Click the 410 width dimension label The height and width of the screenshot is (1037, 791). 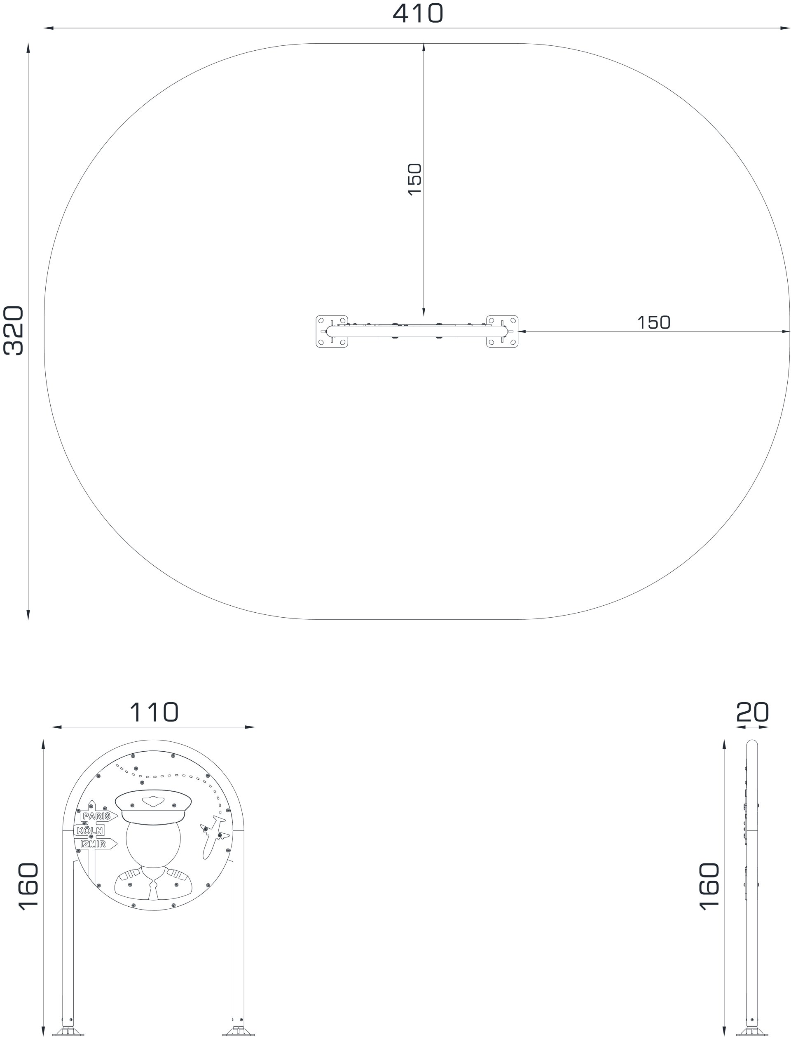click(x=418, y=13)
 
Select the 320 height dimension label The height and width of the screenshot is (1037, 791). click(x=14, y=330)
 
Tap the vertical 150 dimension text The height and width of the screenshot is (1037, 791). click(x=414, y=179)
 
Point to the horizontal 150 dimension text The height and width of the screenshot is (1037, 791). click(x=653, y=322)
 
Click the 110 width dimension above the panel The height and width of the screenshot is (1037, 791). click(x=154, y=712)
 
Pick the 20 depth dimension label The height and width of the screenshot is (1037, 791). click(x=752, y=712)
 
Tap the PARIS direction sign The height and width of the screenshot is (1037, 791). click(x=98, y=816)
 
